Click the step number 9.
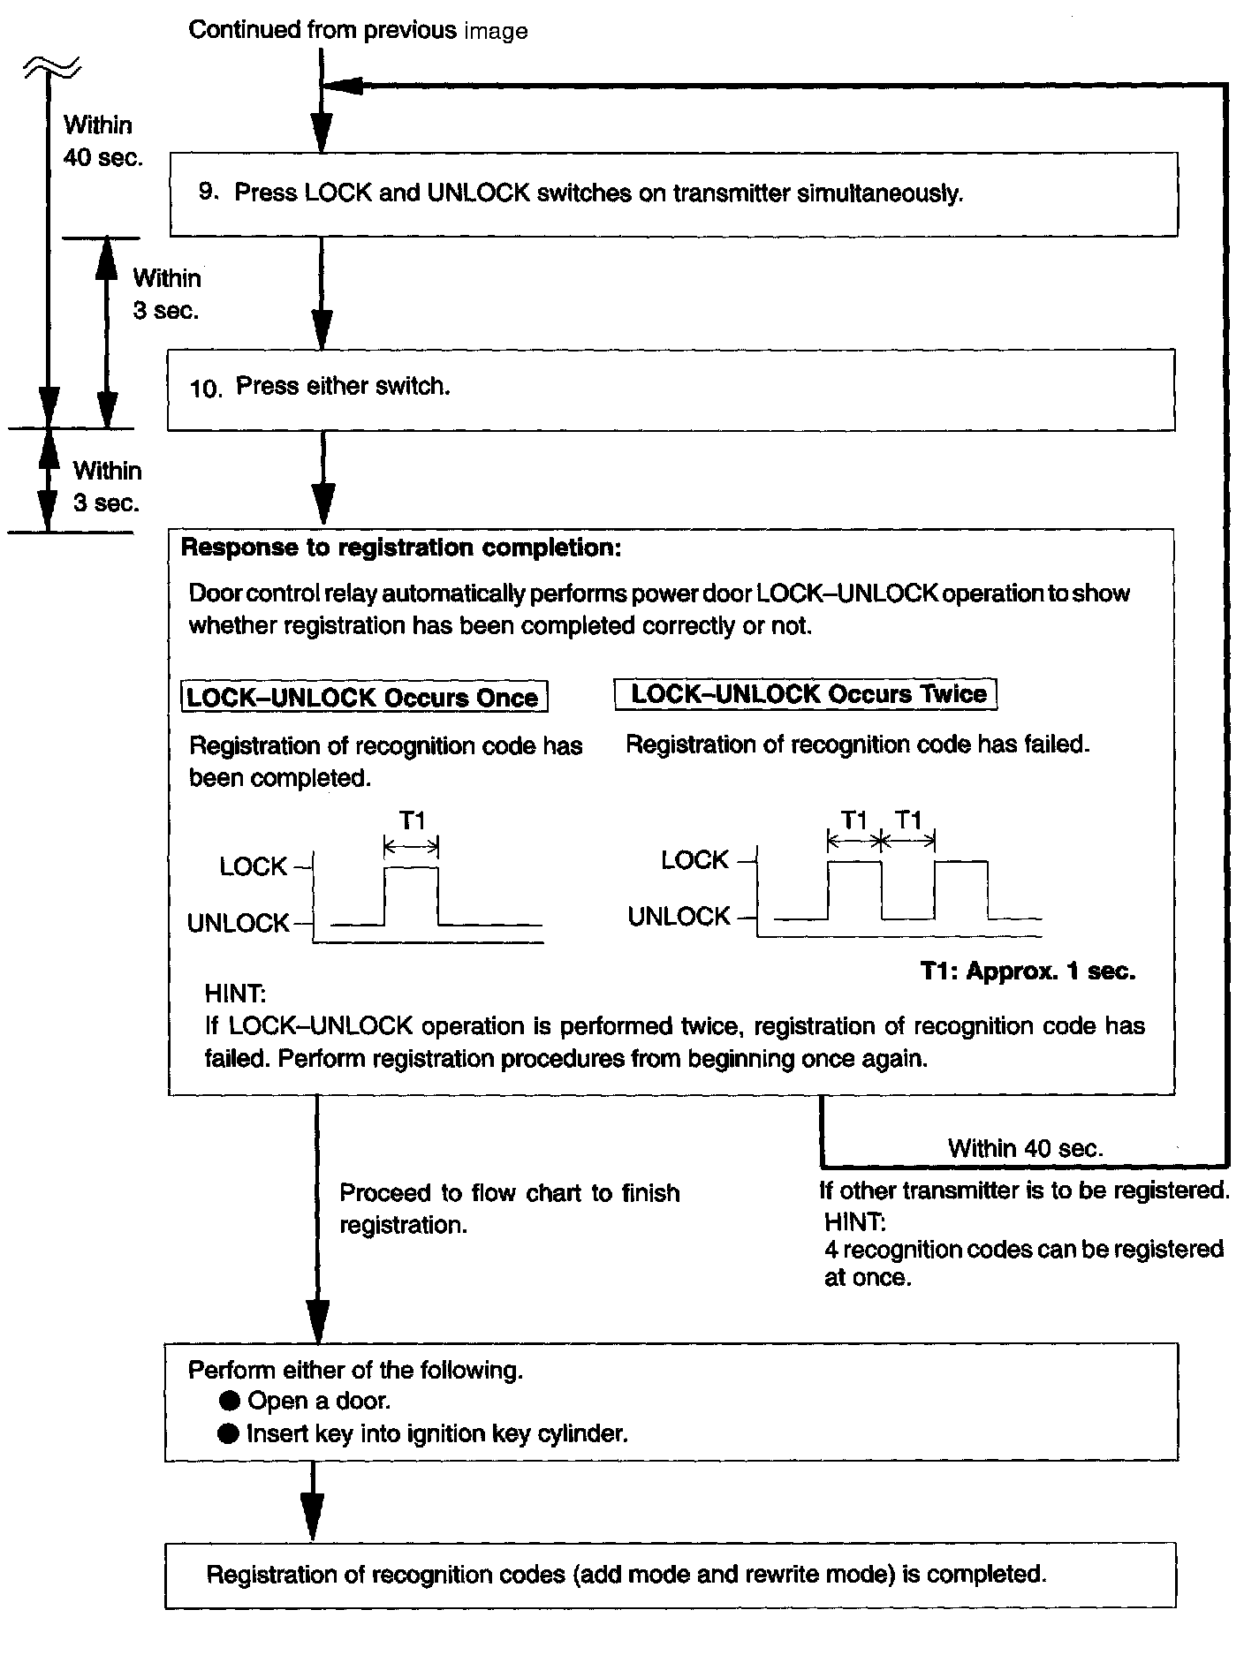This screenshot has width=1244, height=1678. tap(208, 192)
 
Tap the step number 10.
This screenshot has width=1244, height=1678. tap(204, 389)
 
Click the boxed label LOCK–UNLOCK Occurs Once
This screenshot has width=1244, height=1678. tap(364, 697)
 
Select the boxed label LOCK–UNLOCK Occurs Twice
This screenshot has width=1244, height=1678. tap(807, 694)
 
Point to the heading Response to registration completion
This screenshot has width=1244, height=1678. tap(401, 548)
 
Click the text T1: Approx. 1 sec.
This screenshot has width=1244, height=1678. tap(1028, 971)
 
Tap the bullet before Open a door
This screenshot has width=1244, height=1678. tap(230, 1401)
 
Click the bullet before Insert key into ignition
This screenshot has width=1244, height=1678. tap(229, 1433)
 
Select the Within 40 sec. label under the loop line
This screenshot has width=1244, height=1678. tap(1025, 1148)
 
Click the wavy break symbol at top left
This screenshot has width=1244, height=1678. tap(51, 64)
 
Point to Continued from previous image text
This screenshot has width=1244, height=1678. tap(358, 31)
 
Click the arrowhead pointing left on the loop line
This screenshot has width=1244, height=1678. tap(343, 85)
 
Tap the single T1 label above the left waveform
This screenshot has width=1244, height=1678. tap(412, 821)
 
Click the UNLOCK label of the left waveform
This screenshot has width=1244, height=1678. tap(238, 924)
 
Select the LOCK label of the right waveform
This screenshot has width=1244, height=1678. tap(694, 860)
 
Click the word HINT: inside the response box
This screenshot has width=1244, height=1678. tap(234, 994)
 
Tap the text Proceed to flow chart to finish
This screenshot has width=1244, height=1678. tap(509, 1193)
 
